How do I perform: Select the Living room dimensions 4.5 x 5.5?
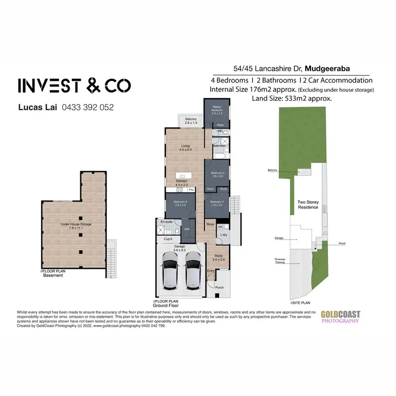[185, 150]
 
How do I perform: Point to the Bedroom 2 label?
[218, 173]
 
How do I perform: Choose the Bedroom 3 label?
[218, 202]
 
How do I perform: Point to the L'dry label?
[224, 234]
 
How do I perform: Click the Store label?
[210, 224]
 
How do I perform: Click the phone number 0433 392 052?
[88, 107]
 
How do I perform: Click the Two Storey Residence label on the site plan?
[308, 204]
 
